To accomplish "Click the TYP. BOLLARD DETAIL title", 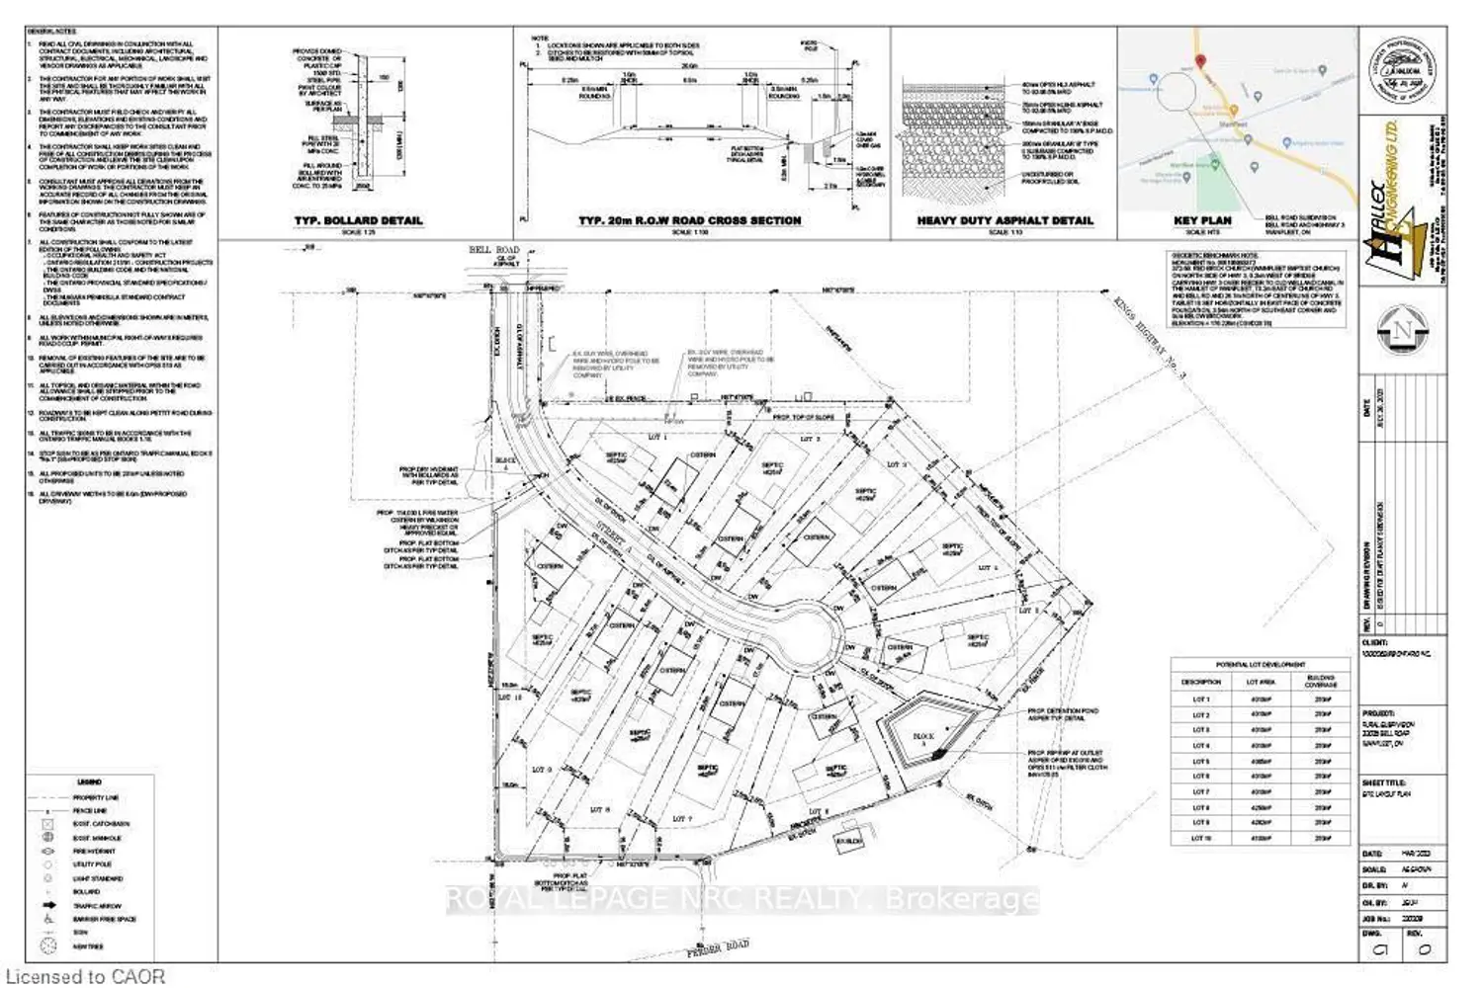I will [358, 220].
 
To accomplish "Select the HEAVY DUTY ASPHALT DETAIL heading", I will [1004, 220].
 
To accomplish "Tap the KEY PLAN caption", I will [1202, 220].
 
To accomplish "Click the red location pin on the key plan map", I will [1201, 62].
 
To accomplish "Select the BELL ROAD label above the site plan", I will [493, 250].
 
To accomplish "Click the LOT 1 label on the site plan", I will [657, 437].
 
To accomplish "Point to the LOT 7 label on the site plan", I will [681, 819].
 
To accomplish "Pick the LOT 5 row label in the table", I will [1200, 762].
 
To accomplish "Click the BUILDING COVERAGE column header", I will [1321, 682].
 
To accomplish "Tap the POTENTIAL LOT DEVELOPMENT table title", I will [1260, 665].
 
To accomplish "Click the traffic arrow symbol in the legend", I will [48, 905].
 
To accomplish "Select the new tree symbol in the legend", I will [48, 947].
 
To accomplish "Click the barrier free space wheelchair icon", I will [48, 919].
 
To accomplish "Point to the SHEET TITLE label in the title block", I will [1384, 782].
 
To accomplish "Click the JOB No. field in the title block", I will [1376, 919].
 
